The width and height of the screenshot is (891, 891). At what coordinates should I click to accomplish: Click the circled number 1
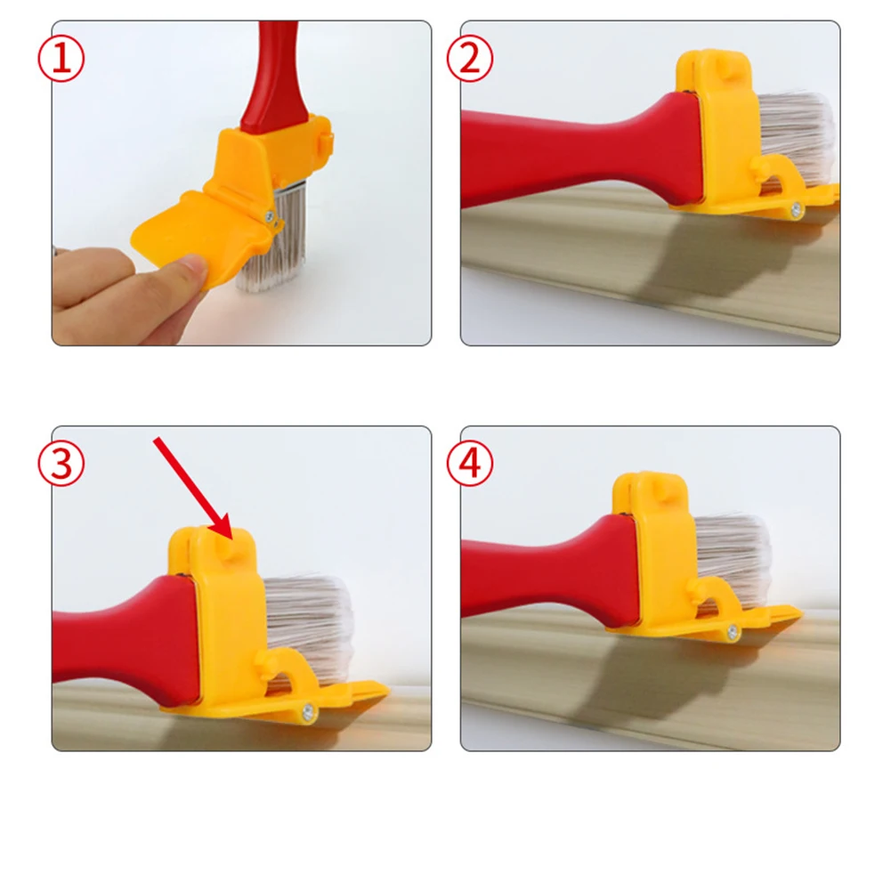61,59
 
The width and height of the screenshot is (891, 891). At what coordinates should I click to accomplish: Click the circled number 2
469,59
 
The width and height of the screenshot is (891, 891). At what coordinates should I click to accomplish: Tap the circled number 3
61,463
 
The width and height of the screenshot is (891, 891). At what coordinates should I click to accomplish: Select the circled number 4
469,463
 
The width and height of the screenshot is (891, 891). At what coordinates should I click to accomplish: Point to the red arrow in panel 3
193,488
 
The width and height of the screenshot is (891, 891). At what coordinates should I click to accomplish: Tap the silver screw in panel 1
270,216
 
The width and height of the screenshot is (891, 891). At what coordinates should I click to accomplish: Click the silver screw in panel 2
796,210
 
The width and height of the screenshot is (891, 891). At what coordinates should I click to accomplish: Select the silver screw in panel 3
308,711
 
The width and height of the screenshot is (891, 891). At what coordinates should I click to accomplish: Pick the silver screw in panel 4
732,631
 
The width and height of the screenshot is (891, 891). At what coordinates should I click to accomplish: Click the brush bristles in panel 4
733,554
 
